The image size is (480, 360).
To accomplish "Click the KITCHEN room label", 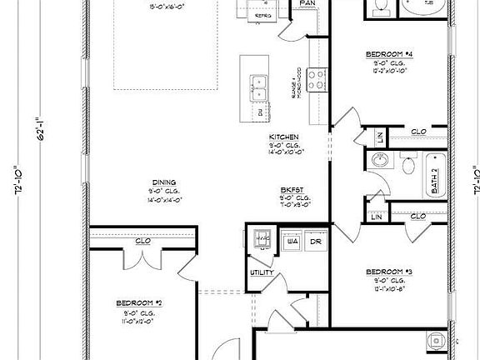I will coord(284,137).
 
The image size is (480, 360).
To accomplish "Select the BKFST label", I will coord(291,189).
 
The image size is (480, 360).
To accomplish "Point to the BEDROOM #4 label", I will coord(389,54).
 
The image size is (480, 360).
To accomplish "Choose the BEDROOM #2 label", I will coord(138,302).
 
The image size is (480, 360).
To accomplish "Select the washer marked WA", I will coord(292,242).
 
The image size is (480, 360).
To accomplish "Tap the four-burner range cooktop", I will coord(317,79).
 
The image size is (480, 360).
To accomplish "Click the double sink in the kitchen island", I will coord(258,82).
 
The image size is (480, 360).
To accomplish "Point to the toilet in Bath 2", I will coord(407,165).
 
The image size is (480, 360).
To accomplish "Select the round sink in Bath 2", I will coord(380,160).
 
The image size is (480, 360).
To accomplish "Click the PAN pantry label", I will coord(307,4).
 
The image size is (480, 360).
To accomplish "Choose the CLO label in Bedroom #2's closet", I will coord(142,242).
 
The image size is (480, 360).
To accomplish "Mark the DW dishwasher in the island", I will coord(258,111).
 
